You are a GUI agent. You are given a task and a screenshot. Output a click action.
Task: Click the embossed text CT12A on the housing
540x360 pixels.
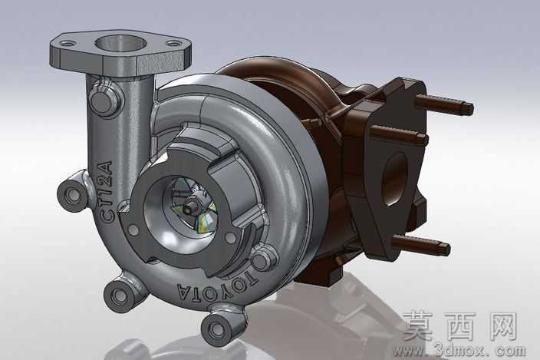pyautogui.click(x=107, y=192)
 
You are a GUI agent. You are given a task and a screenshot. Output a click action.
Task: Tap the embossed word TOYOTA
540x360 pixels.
pyautogui.click(x=217, y=288)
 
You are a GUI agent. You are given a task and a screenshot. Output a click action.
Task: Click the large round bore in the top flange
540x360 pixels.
pyautogui.click(x=120, y=43)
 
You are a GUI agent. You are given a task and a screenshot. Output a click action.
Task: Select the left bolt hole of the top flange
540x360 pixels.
pyautogui.click(x=67, y=44)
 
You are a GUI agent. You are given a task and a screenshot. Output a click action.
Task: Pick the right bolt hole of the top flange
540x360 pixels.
pyautogui.click(x=174, y=44)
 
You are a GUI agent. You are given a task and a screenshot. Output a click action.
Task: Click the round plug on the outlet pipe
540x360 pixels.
pyautogui.click(x=104, y=101)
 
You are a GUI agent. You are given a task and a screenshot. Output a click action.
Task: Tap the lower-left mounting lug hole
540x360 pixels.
pyautogui.click(x=120, y=295)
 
